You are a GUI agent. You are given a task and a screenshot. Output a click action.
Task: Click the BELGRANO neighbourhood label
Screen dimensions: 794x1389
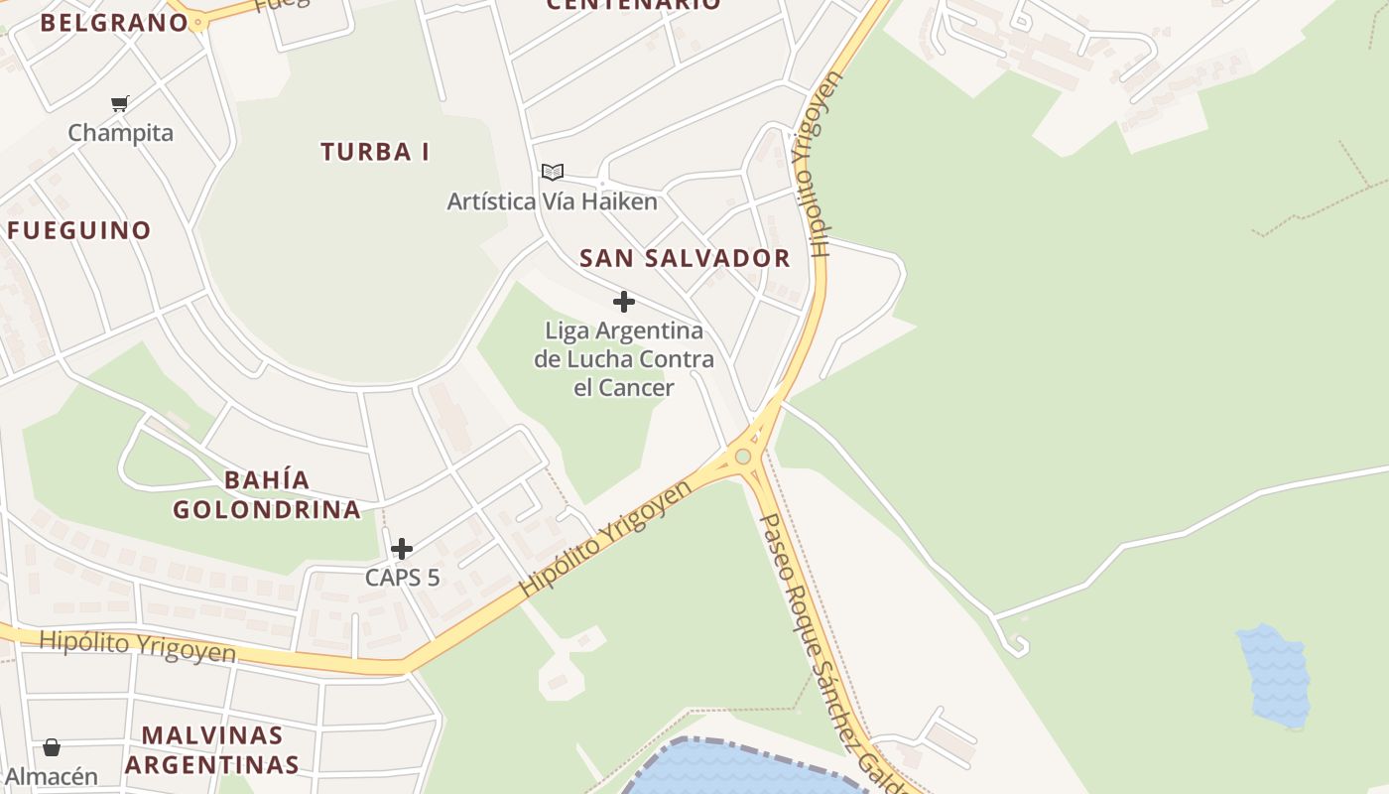(114, 23)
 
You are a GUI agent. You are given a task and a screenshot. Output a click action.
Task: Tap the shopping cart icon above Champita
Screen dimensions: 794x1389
(120, 103)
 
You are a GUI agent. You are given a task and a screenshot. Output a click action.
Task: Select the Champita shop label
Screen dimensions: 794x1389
(120, 133)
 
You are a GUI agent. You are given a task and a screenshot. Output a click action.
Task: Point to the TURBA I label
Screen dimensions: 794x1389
(375, 152)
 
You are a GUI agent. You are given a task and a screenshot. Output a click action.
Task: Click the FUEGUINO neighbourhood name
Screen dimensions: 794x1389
(79, 230)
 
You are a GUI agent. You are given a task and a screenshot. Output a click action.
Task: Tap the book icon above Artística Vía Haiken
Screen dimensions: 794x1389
(553, 173)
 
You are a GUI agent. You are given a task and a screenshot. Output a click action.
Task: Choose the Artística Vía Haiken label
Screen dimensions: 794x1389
(552, 201)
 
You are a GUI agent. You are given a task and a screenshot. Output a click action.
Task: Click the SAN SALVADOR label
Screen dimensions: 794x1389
(685, 258)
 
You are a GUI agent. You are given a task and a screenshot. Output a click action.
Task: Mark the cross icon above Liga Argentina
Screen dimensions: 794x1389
(624, 302)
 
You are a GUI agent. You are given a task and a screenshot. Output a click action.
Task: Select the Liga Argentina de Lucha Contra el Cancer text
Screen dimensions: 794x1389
(624, 358)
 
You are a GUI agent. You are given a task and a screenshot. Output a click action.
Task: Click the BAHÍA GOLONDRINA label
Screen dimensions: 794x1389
(267, 494)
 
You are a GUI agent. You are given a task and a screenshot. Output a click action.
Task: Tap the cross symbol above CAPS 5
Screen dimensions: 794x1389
(402, 549)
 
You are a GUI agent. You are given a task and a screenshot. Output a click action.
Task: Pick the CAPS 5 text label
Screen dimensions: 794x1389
(402, 577)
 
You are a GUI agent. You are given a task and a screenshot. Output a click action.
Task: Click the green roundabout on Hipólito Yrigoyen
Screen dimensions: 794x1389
(743, 457)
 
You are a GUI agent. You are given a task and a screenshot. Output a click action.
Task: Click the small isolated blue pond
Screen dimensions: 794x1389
(1274, 675)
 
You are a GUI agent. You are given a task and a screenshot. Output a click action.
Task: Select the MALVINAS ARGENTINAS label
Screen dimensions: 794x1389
(211, 750)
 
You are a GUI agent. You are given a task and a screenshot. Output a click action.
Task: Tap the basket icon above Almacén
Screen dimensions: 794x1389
(52, 747)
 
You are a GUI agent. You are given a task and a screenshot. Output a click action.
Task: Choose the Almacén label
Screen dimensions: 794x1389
(52, 776)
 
